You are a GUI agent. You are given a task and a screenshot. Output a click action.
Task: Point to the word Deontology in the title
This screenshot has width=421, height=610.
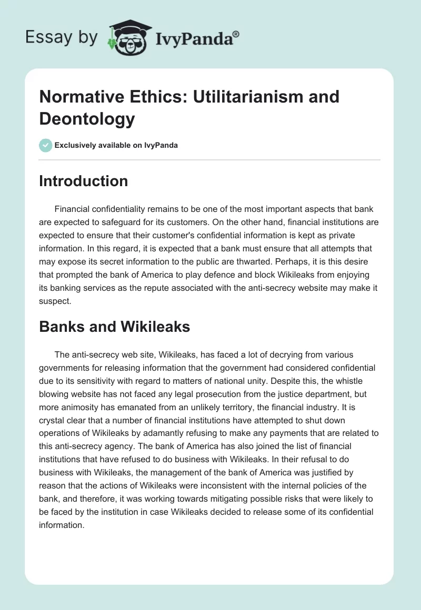click(87, 119)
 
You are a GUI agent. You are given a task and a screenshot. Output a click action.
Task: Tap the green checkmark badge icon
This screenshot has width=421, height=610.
click(45, 145)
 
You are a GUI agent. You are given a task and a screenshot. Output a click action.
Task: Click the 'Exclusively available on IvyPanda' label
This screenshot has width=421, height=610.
click(116, 146)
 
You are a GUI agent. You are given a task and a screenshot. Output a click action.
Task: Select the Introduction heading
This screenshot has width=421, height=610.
click(84, 181)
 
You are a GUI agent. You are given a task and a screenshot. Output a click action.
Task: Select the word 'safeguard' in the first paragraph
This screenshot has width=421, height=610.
click(153, 223)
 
